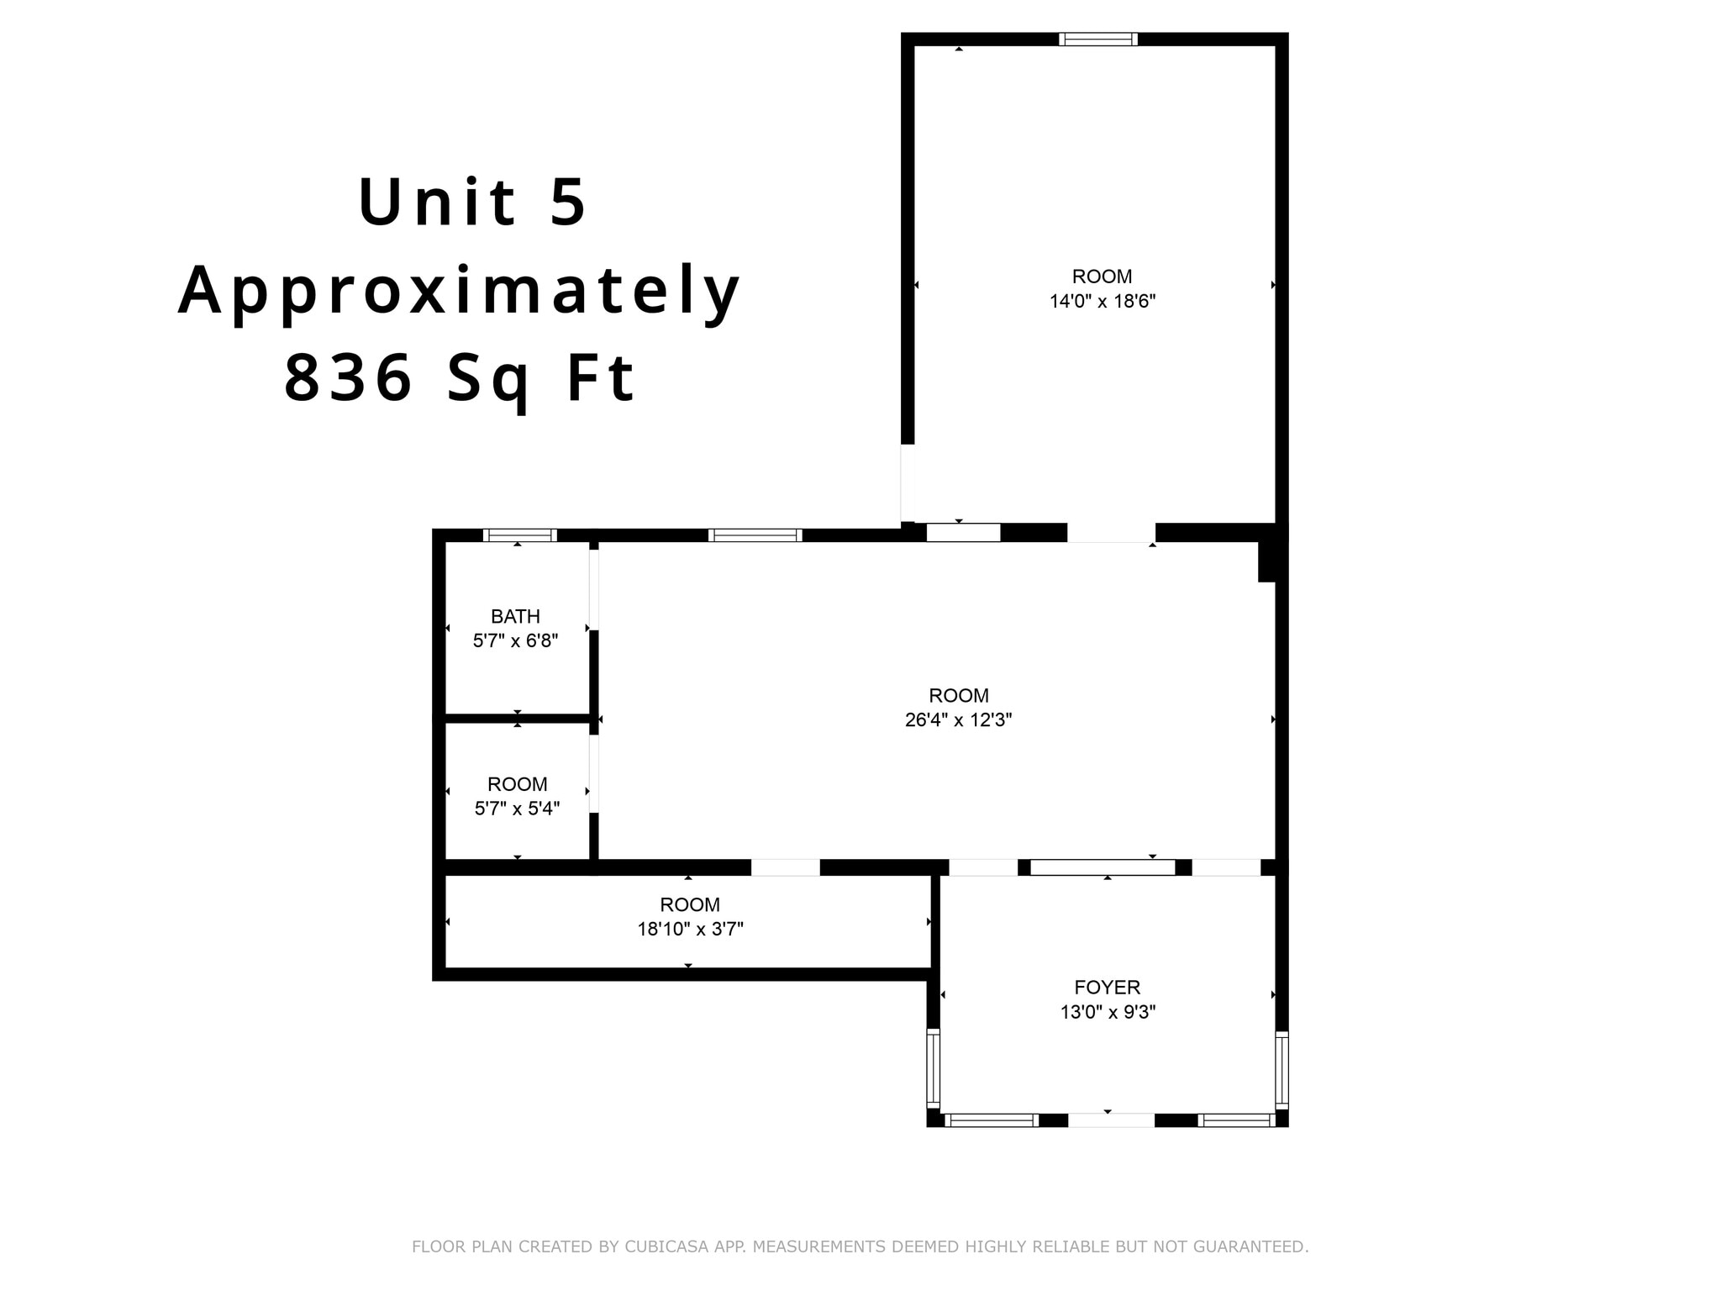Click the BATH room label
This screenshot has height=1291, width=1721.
click(515, 616)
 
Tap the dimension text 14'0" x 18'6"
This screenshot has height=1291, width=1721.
click(1102, 301)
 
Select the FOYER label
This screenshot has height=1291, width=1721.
click(1107, 988)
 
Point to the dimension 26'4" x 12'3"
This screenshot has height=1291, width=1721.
click(958, 720)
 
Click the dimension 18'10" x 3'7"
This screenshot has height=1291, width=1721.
click(690, 929)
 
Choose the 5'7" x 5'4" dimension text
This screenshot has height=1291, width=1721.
click(517, 809)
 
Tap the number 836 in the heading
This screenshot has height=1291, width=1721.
click(349, 378)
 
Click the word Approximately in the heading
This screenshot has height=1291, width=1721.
click(460, 291)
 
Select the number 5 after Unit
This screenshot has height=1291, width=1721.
click(568, 202)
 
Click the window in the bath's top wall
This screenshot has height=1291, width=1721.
click(520, 535)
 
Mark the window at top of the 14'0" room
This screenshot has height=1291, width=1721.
click(1097, 39)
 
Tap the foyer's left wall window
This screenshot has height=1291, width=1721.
click(933, 1067)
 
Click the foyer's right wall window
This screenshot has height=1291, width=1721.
click(1282, 1069)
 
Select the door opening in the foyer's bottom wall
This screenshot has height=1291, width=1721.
click(1111, 1120)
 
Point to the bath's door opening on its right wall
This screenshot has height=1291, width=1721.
click(593, 589)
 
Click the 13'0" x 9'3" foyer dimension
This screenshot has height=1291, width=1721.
click(1107, 1012)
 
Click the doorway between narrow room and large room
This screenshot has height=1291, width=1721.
click(785, 867)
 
